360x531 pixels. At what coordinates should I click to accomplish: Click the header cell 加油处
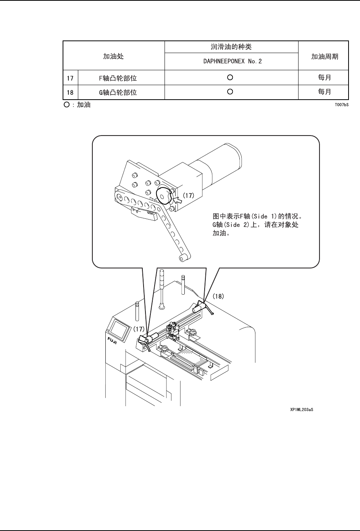(x=114, y=56)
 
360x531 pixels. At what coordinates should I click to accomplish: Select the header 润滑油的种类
(x=231, y=47)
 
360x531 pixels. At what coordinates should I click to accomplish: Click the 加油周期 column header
(x=324, y=56)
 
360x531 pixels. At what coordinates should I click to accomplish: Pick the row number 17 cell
(x=70, y=78)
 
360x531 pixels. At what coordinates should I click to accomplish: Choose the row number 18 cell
(x=70, y=92)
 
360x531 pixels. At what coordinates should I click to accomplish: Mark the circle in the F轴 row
(x=230, y=77)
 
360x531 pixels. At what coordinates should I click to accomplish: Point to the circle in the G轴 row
(x=230, y=92)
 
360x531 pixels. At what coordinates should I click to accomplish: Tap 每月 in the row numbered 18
(x=324, y=92)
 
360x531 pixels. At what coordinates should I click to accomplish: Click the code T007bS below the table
(x=342, y=104)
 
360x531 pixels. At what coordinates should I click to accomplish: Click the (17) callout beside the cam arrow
(x=188, y=195)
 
